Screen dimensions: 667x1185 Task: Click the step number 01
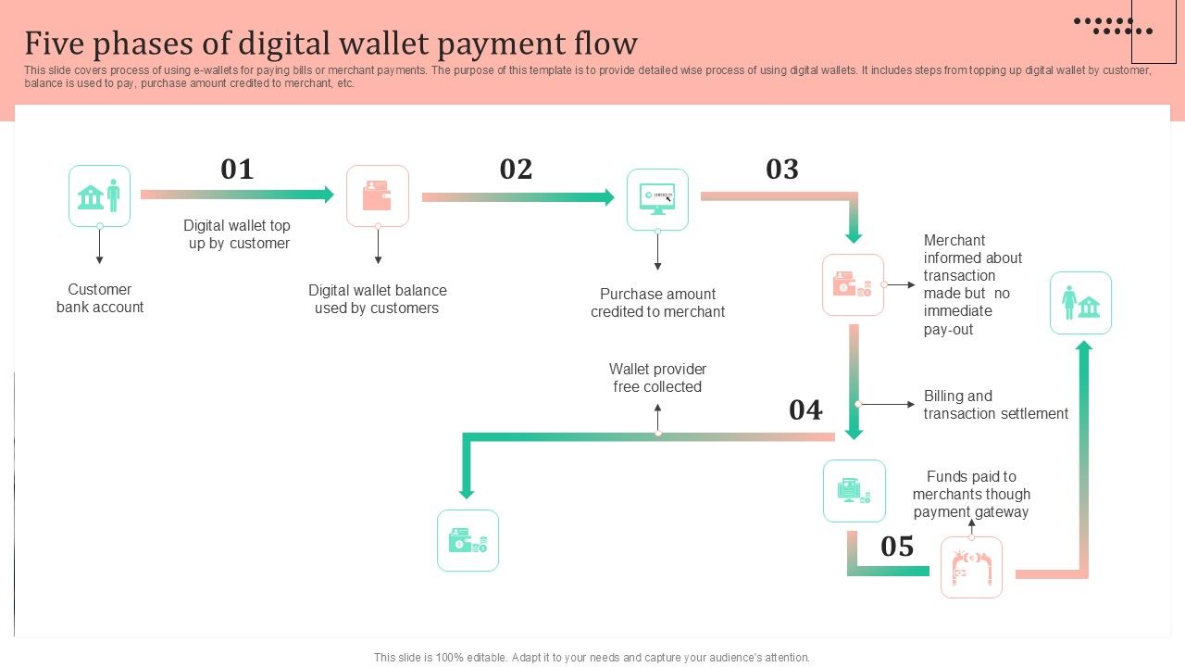tap(237, 170)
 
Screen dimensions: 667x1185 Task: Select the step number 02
tap(516, 170)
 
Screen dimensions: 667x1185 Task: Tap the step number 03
tap(782, 170)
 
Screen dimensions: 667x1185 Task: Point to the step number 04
tap(805, 410)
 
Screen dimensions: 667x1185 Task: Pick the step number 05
tap(897, 547)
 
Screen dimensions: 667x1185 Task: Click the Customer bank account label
tap(100, 298)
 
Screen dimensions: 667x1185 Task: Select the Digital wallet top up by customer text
tap(238, 234)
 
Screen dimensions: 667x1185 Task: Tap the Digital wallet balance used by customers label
tap(377, 299)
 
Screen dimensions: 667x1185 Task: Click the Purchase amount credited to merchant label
tap(657, 303)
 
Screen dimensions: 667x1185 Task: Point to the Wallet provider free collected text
tap(657, 378)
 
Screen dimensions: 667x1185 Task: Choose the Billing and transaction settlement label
tap(995, 405)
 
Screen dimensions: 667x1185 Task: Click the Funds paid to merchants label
tap(971, 494)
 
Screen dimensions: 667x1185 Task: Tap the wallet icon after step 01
tap(378, 195)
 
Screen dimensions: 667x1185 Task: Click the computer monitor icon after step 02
tap(657, 199)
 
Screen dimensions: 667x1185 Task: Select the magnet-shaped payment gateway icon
tap(971, 567)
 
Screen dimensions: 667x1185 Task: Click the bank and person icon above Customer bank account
tap(100, 196)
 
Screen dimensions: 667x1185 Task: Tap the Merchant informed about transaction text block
tap(972, 284)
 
